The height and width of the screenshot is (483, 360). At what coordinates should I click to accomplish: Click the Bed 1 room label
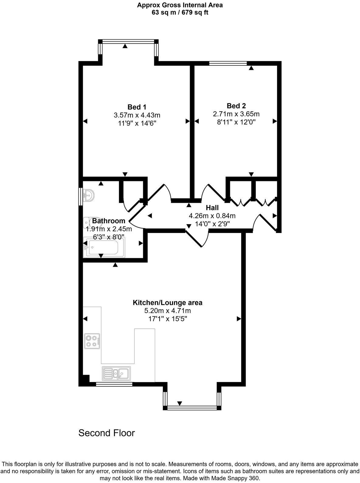(x=137, y=107)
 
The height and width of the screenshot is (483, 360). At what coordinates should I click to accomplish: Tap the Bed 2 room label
(x=236, y=106)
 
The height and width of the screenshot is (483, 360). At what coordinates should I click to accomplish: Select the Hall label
(x=212, y=208)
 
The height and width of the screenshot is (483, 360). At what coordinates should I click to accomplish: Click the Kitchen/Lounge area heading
(x=168, y=303)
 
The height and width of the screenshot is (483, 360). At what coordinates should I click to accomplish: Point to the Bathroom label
(x=109, y=221)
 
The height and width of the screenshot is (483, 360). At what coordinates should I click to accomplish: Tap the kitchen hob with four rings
(x=92, y=341)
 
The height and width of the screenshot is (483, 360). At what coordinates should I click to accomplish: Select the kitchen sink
(x=116, y=374)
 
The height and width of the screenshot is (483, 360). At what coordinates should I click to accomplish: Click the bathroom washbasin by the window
(x=89, y=195)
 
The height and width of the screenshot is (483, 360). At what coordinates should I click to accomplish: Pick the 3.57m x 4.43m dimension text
(x=137, y=115)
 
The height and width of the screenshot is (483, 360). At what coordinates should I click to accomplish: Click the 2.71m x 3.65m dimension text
(x=236, y=114)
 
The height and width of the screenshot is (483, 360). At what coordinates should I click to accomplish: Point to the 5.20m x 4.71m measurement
(x=168, y=311)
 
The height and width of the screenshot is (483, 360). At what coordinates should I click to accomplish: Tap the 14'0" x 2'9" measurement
(x=212, y=224)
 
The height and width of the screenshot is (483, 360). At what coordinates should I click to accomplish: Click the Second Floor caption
(x=106, y=433)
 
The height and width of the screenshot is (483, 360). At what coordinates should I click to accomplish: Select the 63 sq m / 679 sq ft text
(x=180, y=12)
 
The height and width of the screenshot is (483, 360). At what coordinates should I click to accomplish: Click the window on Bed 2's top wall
(x=228, y=63)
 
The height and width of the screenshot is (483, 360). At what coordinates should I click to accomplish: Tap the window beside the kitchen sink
(x=114, y=384)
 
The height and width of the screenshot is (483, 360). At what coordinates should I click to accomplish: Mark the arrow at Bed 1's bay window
(x=125, y=46)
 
